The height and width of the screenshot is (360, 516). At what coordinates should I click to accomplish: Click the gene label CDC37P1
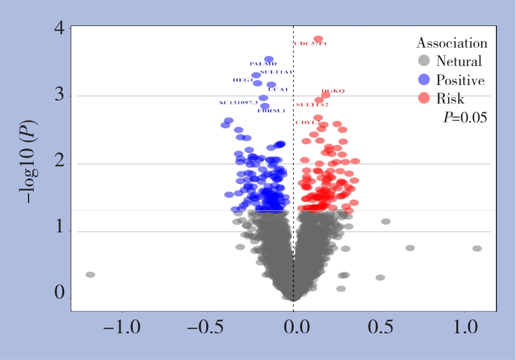310,44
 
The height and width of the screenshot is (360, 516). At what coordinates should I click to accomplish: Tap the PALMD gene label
263,64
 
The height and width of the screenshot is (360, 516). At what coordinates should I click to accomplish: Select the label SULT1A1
277,72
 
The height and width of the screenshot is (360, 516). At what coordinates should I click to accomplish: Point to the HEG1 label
243,81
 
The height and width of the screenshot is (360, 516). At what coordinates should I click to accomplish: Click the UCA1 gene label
278,90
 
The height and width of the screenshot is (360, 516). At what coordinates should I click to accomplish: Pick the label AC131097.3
238,103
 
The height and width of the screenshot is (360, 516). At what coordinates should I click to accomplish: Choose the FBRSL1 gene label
272,111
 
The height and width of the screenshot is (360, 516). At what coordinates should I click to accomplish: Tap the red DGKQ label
333,91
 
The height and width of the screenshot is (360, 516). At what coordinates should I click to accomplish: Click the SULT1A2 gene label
312,105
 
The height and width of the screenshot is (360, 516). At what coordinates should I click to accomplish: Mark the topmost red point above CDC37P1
318,39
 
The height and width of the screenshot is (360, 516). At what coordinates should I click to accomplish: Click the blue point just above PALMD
269,59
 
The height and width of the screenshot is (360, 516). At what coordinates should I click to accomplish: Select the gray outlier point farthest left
90,275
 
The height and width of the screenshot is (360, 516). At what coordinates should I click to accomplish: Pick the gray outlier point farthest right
477,248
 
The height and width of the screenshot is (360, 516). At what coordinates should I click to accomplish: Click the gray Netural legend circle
424,62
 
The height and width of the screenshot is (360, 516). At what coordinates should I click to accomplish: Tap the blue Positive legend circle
424,80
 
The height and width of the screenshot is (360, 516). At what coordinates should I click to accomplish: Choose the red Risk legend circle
424,98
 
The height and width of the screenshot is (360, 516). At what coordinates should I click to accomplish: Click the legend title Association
452,43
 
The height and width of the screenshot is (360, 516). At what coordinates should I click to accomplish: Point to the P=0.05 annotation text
465,117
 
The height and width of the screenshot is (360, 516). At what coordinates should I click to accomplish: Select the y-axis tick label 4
59,29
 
